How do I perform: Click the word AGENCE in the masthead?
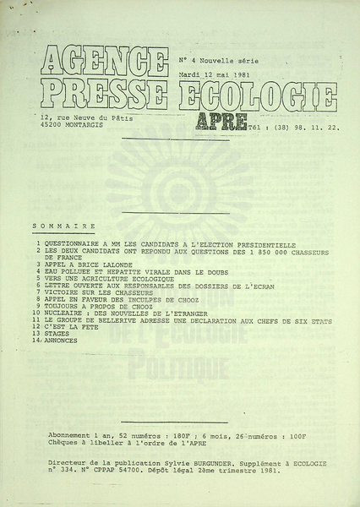pyautogui.click(x=105, y=59)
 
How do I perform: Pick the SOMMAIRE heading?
pyautogui.click(x=64, y=226)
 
